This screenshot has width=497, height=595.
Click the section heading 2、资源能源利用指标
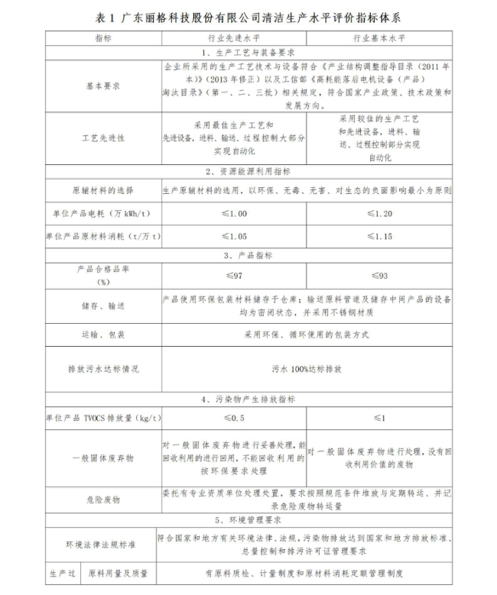[x=248, y=171]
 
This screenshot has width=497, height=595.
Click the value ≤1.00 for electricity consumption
[x=233, y=213]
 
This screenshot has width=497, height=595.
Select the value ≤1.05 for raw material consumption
[x=233, y=237]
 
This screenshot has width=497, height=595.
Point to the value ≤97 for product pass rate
[x=233, y=275]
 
